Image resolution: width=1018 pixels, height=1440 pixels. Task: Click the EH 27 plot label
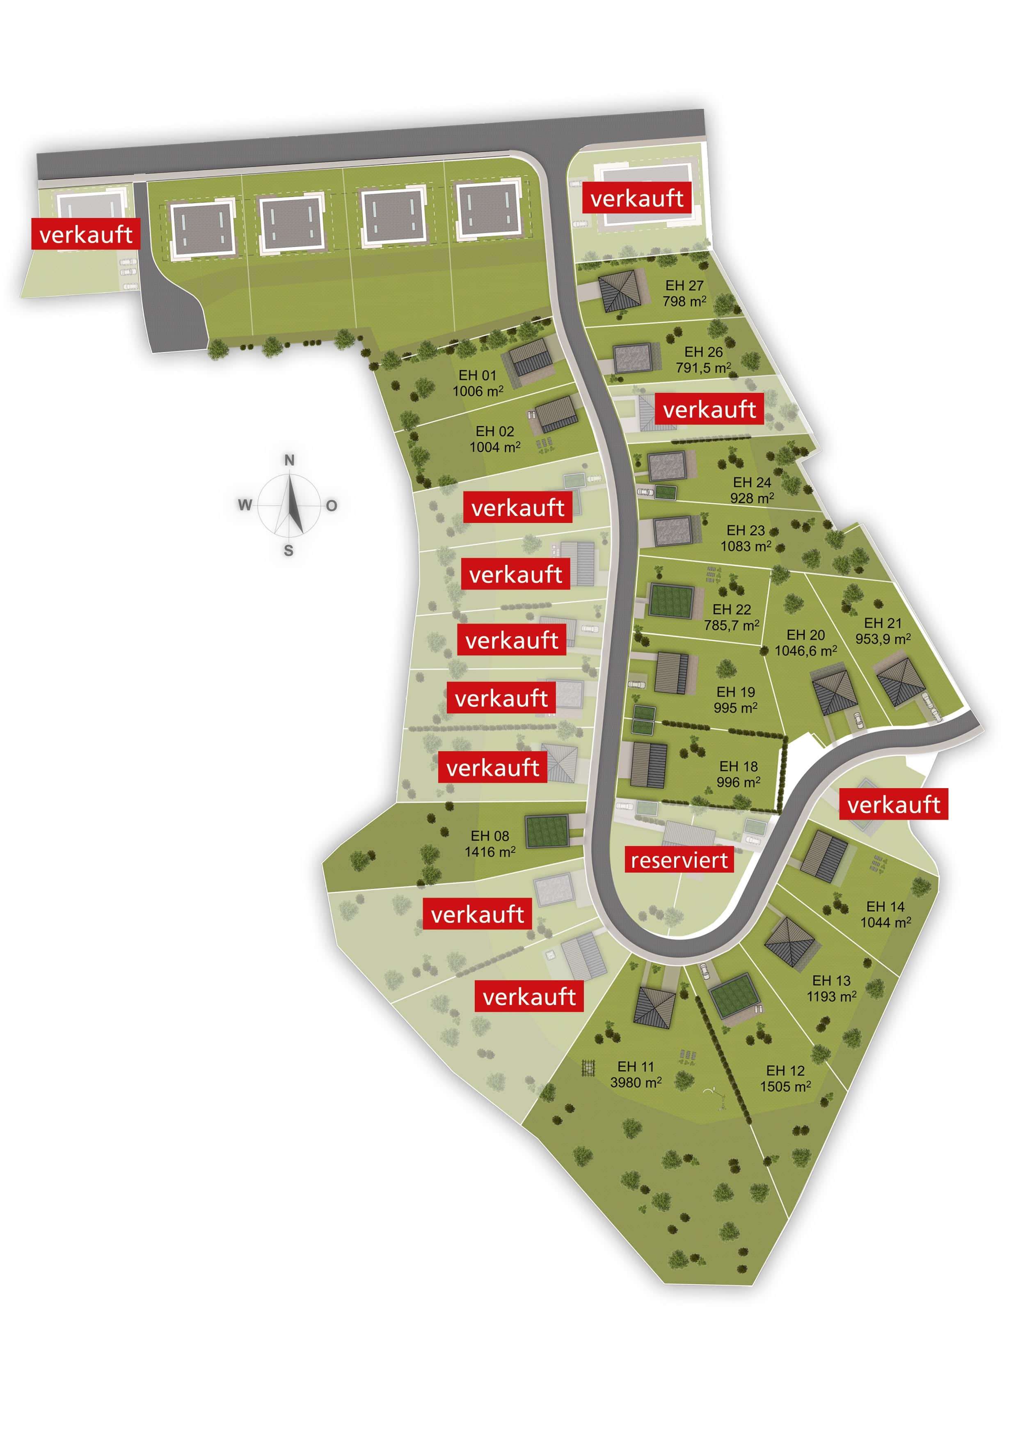click(684, 285)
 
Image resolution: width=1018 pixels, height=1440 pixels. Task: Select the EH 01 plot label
click(477, 375)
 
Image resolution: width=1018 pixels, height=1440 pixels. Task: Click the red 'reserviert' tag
click(679, 860)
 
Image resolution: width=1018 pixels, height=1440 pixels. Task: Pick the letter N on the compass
click(289, 460)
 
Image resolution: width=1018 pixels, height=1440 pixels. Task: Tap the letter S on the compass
click(288, 550)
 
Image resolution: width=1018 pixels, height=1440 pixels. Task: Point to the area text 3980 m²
click(636, 1082)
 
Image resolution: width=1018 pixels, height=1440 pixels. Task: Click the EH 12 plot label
click(785, 1071)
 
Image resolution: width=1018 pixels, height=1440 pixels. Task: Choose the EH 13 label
click(831, 980)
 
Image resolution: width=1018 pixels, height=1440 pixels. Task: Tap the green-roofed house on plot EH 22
click(671, 601)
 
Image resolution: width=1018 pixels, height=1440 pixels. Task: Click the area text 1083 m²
click(745, 546)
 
